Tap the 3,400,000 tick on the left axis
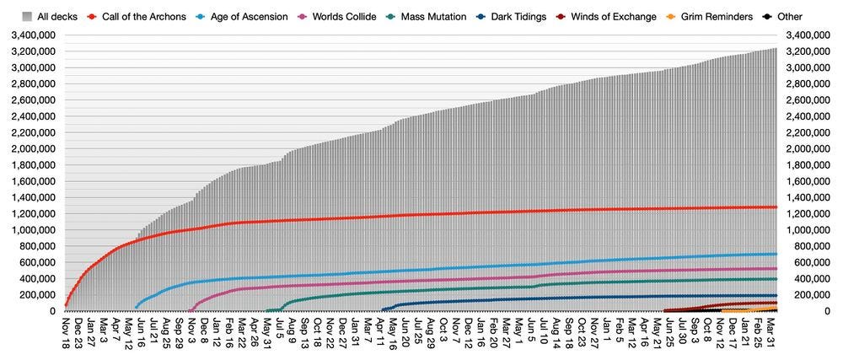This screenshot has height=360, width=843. pyautogui.click(x=31, y=35)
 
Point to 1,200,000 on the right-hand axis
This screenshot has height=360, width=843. pyautogui.click(x=811, y=214)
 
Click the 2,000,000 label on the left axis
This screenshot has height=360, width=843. pyautogui.click(x=31, y=149)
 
